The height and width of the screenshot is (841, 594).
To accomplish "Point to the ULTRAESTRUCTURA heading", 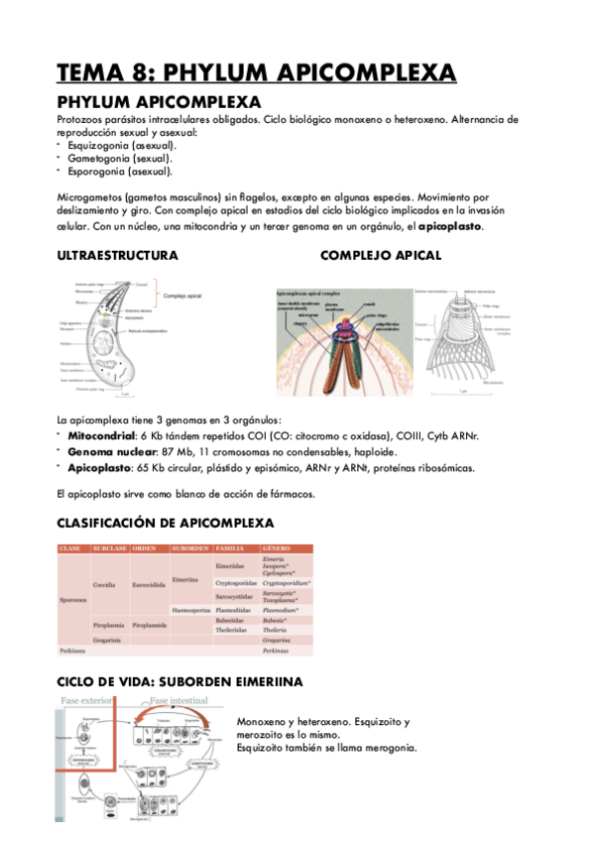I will [x=118, y=255].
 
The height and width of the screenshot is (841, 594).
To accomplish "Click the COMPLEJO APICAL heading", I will [x=381, y=255].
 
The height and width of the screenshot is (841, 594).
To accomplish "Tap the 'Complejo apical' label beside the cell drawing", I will [x=182, y=296].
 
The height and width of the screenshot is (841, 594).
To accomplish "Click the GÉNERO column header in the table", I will [x=277, y=548].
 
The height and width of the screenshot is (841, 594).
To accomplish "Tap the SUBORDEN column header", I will [x=189, y=548].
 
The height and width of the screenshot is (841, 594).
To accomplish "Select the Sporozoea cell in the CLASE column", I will [x=73, y=600].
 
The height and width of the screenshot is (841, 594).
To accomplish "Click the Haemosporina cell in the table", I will [x=190, y=609].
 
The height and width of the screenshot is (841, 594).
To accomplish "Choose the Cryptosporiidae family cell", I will [x=236, y=583].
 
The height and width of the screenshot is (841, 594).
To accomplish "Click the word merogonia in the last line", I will [x=383, y=749].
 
